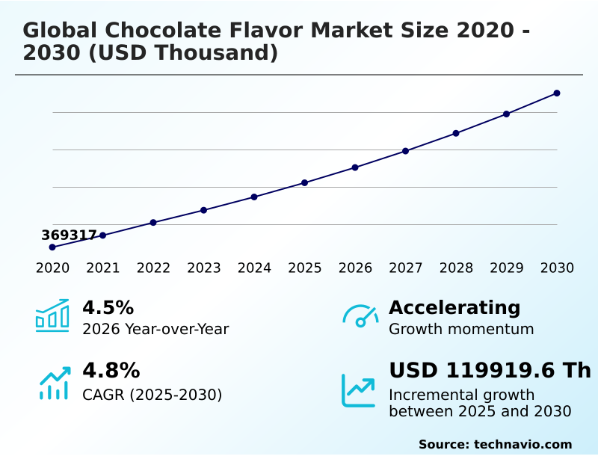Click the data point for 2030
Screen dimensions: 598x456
[x=557, y=93]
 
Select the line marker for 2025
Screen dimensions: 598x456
[x=305, y=182]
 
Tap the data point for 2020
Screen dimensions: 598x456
[x=52, y=247]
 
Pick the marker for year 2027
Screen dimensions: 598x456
[x=406, y=151]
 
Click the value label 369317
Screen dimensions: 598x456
[x=69, y=235]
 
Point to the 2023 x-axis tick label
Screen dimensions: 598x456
[x=203, y=268]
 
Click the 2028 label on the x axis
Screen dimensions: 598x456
[x=456, y=268]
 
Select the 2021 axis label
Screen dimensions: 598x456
[x=102, y=268]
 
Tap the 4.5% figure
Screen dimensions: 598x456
[x=108, y=308]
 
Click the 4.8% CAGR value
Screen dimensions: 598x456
[x=111, y=371]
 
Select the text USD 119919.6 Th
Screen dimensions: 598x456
[x=490, y=371]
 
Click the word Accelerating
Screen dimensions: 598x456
[x=454, y=308]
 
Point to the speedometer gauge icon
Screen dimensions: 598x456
[x=360, y=315]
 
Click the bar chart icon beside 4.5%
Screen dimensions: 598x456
[x=52, y=315]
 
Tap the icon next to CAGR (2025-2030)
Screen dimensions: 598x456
[x=54, y=383]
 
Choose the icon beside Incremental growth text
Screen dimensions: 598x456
[x=359, y=390]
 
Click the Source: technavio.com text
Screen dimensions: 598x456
[x=495, y=444]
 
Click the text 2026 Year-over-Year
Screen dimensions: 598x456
[x=155, y=330]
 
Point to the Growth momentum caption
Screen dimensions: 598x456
[x=461, y=330]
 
